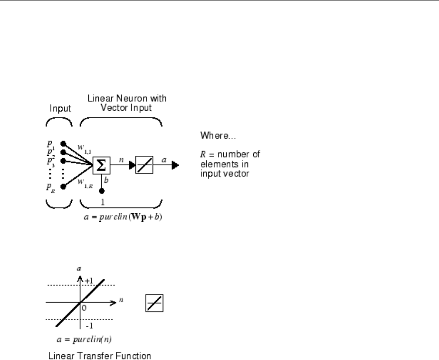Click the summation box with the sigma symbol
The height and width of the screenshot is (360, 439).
(102, 165)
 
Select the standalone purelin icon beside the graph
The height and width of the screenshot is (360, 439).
(154, 303)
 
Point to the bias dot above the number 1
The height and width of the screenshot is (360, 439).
(102, 191)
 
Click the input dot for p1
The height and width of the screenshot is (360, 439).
(64, 143)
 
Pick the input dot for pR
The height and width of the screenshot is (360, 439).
(64, 187)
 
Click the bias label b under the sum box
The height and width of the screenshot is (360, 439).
(106, 180)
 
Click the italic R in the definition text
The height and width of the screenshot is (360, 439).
(202, 154)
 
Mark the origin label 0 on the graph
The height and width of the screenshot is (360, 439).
(85, 308)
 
